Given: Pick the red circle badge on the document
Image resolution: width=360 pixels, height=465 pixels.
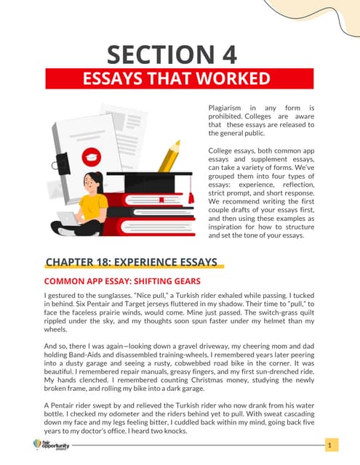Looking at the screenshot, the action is coord(92,154).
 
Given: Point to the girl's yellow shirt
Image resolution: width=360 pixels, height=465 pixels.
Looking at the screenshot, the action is coord(93,207).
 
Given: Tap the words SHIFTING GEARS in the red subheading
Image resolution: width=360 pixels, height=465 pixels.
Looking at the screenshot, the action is coord(165,280).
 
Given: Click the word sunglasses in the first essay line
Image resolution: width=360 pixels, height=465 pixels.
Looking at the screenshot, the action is coord(109,296).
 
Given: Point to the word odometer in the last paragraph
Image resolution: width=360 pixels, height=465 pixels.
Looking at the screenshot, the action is coord(135,413).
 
